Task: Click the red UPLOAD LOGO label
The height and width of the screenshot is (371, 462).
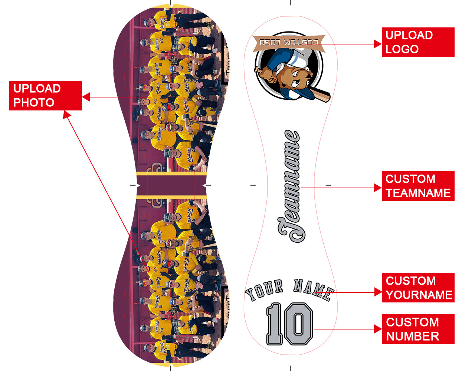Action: coord(418,42)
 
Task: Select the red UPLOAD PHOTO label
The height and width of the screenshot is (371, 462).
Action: coord(45,96)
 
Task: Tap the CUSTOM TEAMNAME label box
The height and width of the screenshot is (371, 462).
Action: coord(418,186)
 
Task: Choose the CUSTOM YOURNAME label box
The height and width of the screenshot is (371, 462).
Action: coord(418,288)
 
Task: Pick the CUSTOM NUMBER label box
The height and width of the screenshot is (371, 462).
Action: coord(418,329)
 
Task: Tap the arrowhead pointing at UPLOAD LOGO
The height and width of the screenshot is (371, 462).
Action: coord(378,44)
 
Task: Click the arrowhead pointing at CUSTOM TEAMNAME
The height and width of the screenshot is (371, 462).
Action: coord(378,188)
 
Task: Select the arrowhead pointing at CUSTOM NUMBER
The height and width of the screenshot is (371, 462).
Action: coord(378,329)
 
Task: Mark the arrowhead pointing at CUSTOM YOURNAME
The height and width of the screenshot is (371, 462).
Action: coord(378,292)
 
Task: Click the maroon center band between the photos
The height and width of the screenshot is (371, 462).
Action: coord(171,185)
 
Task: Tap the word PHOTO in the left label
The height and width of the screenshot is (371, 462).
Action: coord(34,103)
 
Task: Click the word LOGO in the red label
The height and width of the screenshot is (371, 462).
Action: coord(402,49)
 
